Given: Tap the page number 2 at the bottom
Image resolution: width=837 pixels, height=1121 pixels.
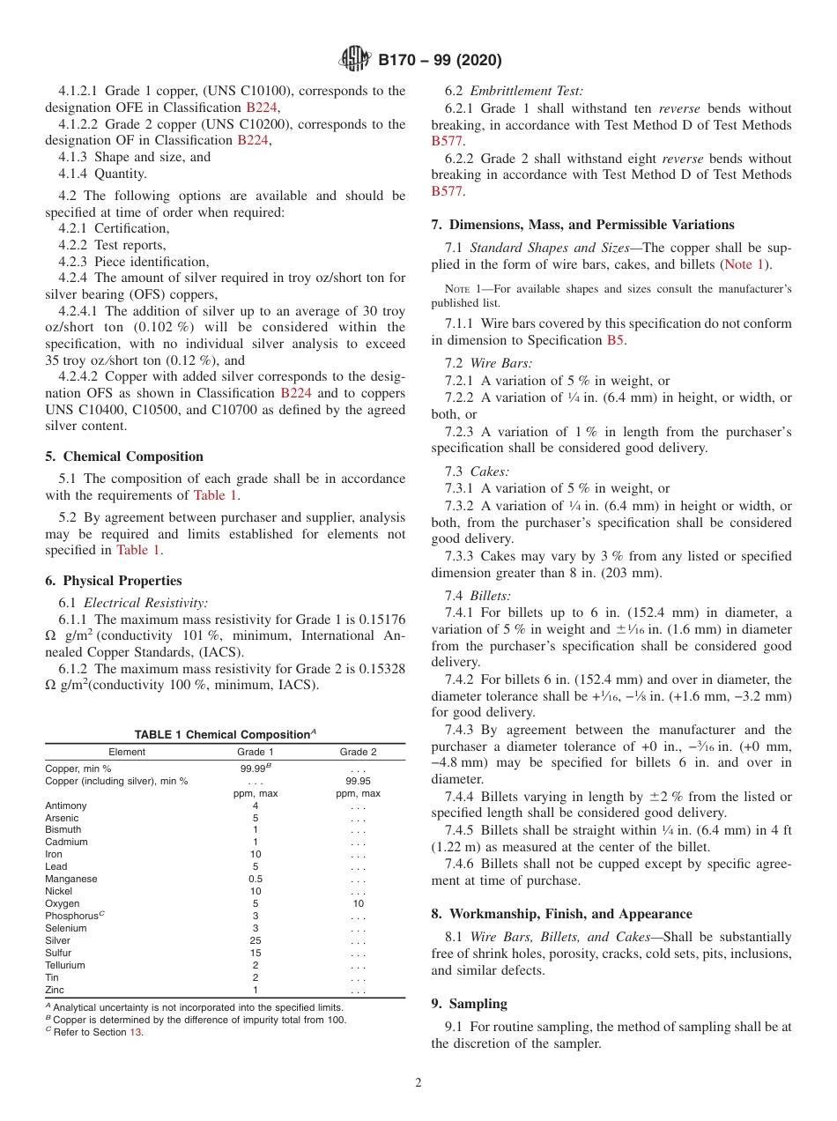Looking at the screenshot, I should pos(418,1083).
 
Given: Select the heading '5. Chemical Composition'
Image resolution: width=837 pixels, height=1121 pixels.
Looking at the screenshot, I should pos(124,457).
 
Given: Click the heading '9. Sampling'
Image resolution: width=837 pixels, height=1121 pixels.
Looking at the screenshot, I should pos(470,1004).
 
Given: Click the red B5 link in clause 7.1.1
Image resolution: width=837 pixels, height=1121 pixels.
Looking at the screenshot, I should pos(616,340).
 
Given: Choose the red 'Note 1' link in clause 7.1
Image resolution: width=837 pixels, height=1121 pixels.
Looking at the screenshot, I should pos(744,264).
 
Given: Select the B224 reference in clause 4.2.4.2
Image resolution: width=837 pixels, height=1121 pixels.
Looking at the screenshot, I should pos(296,393).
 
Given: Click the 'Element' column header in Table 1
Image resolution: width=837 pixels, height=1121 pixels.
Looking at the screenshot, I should pos(127,752).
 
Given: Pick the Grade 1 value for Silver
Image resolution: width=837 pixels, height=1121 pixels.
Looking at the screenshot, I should pos(256,940).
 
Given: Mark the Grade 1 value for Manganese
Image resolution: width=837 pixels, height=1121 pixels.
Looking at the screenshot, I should pos(256,879).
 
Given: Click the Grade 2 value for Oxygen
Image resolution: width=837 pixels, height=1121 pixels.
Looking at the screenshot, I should pos(358,903).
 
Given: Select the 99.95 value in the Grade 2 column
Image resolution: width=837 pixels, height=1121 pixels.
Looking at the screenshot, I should pos(358,781).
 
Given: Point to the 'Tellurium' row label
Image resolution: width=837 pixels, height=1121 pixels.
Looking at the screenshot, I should pos(65,965).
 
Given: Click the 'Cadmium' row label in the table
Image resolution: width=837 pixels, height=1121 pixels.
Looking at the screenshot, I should pos(65,842).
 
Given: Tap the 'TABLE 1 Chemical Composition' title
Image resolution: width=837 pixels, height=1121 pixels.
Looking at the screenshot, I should pos(225,735).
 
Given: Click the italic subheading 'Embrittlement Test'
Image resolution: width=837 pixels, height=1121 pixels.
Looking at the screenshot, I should pos(526,91).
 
